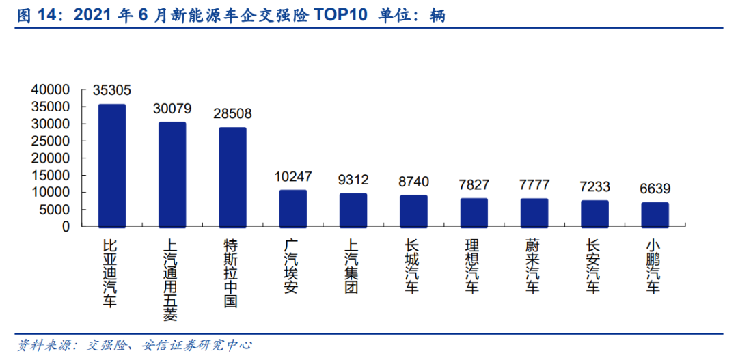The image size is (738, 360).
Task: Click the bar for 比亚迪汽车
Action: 112,165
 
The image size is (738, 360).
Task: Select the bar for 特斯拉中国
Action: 232,177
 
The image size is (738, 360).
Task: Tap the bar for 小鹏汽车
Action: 655,214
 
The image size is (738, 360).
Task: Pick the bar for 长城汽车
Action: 413,211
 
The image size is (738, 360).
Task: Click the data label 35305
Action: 112,90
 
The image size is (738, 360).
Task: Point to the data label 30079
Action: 172,109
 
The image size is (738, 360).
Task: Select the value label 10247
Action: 292,176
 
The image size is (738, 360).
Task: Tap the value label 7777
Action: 534,185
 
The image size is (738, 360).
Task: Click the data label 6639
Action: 655,189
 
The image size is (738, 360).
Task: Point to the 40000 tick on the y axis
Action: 51,89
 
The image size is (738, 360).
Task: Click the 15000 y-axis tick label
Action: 51,175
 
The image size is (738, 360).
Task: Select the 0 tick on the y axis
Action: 66,226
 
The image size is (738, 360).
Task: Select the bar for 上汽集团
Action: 353,210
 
